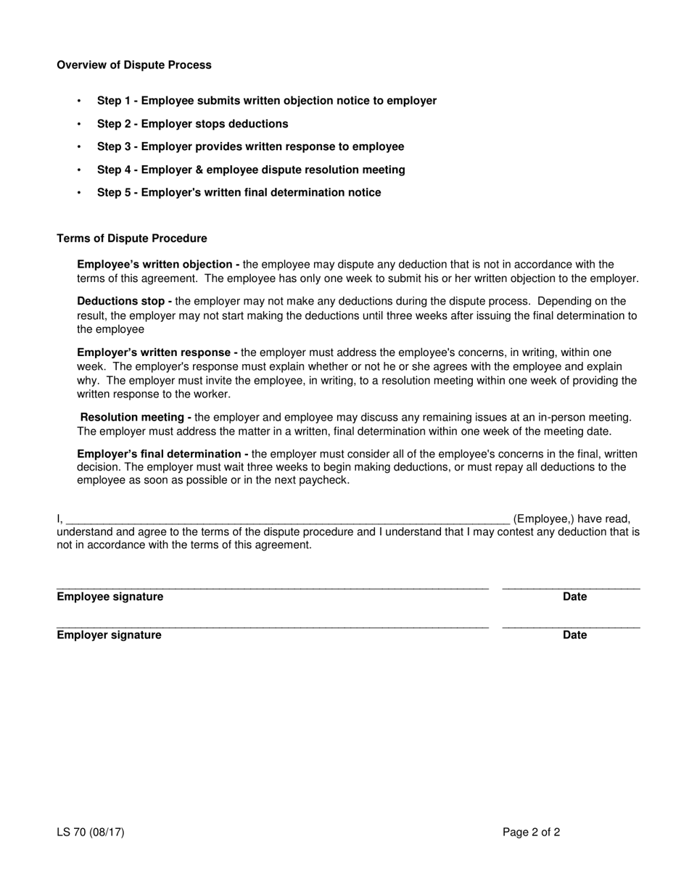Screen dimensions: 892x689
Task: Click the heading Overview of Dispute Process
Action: [134, 65]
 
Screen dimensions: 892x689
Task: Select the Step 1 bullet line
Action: [266, 101]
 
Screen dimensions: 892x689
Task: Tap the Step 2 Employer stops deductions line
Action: [192, 124]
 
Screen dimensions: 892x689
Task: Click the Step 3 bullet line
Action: [250, 146]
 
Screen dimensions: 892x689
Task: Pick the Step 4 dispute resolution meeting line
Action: [251, 170]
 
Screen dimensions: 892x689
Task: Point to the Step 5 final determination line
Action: [239, 193]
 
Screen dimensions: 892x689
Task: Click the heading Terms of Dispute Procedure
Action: [131, 239]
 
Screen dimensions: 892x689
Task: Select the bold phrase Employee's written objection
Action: [158, 265]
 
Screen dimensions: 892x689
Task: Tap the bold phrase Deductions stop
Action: [124, 301]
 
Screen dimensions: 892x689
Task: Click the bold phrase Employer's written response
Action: [157, 352]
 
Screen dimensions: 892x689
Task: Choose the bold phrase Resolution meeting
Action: [136, 417]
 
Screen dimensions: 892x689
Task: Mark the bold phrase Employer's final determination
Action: [162, 454]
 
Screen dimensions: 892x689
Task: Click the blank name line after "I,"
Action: [287, 519]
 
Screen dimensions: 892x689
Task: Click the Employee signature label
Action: [110, 597]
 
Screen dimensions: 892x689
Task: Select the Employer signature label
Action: [109, 635]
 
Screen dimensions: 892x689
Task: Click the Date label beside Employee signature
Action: [574, 597]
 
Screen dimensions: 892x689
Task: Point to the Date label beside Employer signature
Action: [574, 635]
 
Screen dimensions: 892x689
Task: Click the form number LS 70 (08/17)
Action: [91, 833]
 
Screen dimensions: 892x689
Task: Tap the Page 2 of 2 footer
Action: [531, 833]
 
